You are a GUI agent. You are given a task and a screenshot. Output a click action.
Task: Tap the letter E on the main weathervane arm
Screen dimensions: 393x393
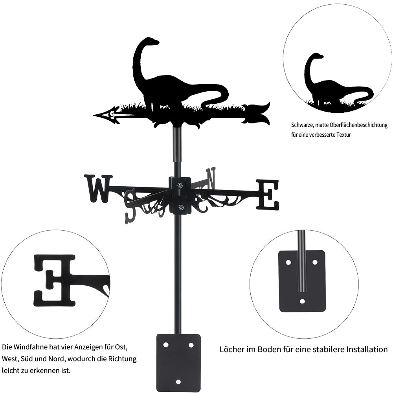267,195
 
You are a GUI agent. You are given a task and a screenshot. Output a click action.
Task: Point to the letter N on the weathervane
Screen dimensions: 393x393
211,178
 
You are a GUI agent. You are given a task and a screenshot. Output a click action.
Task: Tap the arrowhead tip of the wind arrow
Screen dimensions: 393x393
94,116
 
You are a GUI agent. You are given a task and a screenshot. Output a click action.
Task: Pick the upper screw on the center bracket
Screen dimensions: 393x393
180,185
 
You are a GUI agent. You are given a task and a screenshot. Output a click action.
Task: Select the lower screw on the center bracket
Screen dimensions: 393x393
180,207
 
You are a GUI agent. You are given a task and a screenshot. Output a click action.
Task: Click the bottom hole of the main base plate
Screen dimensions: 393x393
178,382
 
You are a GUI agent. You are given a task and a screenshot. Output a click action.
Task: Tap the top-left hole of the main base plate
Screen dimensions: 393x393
166,345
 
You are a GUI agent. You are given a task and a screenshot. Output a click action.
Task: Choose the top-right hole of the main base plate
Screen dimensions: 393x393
191,345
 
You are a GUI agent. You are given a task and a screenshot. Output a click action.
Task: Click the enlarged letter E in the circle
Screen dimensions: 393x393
55,281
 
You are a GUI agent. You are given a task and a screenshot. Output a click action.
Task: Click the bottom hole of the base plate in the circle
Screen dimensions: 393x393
303,301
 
